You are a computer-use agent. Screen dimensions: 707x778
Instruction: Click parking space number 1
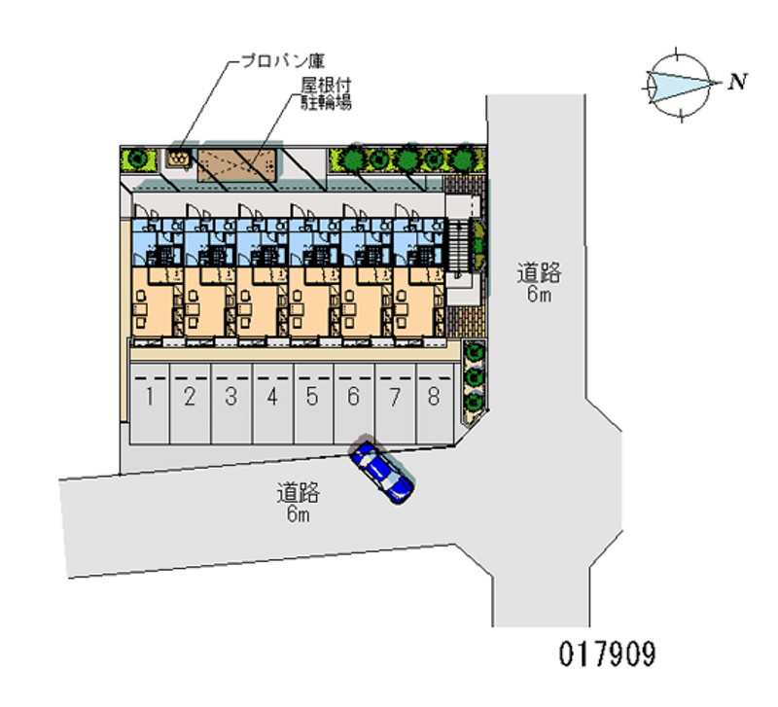point(151,396)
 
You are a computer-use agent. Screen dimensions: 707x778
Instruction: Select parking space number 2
point(191,396)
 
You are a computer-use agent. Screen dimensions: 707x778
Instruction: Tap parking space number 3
point(231,396)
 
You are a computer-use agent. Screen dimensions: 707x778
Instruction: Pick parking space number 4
point(273,396)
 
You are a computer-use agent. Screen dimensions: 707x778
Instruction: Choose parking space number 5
point(312,396)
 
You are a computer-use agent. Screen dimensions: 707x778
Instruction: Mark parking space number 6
point(354,396)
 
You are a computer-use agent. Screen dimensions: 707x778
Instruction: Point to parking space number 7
point(395,396)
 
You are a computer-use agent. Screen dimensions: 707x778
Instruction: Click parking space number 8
point(434,396)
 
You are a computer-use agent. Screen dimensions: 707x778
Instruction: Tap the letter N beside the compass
point(738,82)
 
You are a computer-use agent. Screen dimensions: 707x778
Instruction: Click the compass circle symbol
point(678,86)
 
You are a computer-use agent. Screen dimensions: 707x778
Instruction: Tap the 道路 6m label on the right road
point(539,281)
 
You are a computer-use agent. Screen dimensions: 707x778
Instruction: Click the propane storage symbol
point(179,157)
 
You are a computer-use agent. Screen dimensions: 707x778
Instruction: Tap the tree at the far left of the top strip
point(137,157)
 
